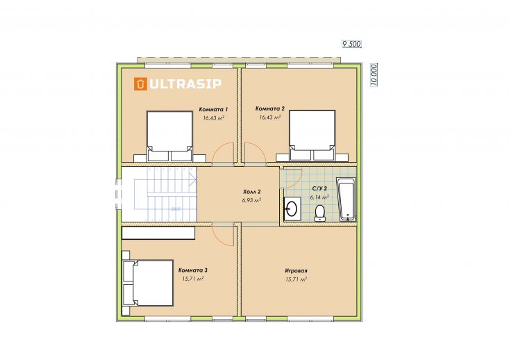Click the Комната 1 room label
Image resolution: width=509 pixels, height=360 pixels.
click(213, 110)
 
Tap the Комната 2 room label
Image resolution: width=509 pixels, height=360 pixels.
click(269, 108)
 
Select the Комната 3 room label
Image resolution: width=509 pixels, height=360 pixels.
click(193, 270)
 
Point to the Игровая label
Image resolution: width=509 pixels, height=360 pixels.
click(296, 270)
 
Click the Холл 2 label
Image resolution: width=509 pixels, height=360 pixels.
click(252, 192)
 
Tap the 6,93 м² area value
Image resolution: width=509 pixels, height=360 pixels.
click(251, 200)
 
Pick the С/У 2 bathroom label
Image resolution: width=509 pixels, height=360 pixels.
click(319, 188)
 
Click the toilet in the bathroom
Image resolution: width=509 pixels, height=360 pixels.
click(320, 213)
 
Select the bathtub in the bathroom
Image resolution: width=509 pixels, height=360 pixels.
click(346, 199)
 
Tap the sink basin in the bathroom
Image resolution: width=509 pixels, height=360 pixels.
click(292, 208)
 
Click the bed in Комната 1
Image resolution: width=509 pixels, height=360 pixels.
click(169, 136)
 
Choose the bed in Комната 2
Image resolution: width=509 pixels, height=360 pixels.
click(312, 136)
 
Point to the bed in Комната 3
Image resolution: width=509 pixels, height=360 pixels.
click(148, 283)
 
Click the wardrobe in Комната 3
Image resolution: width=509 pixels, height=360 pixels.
click(158, 233)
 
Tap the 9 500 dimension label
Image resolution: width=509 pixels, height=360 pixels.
click(351, 44)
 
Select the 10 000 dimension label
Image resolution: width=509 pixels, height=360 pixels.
click(374, 75)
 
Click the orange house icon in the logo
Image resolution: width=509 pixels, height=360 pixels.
click(140, 84)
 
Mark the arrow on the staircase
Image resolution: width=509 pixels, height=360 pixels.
click(193, 179)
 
